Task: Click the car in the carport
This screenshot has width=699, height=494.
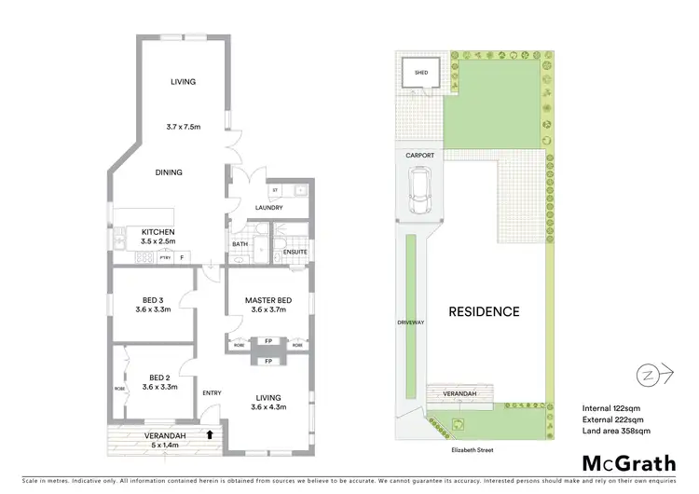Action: [x=421, y=190]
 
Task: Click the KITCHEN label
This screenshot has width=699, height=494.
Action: [x=158, y=232]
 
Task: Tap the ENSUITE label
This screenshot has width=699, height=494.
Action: [x=295, y=252]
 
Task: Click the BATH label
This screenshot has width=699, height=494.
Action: [x=240, y=245]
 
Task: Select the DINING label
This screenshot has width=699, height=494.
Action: [x=169, y=172]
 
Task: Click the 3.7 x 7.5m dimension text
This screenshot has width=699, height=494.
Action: [x=183, y=126]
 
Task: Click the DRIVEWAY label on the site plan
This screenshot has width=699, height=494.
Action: [x=410, y=322]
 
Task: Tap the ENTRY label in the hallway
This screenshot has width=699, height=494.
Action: [x=212, y=392]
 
